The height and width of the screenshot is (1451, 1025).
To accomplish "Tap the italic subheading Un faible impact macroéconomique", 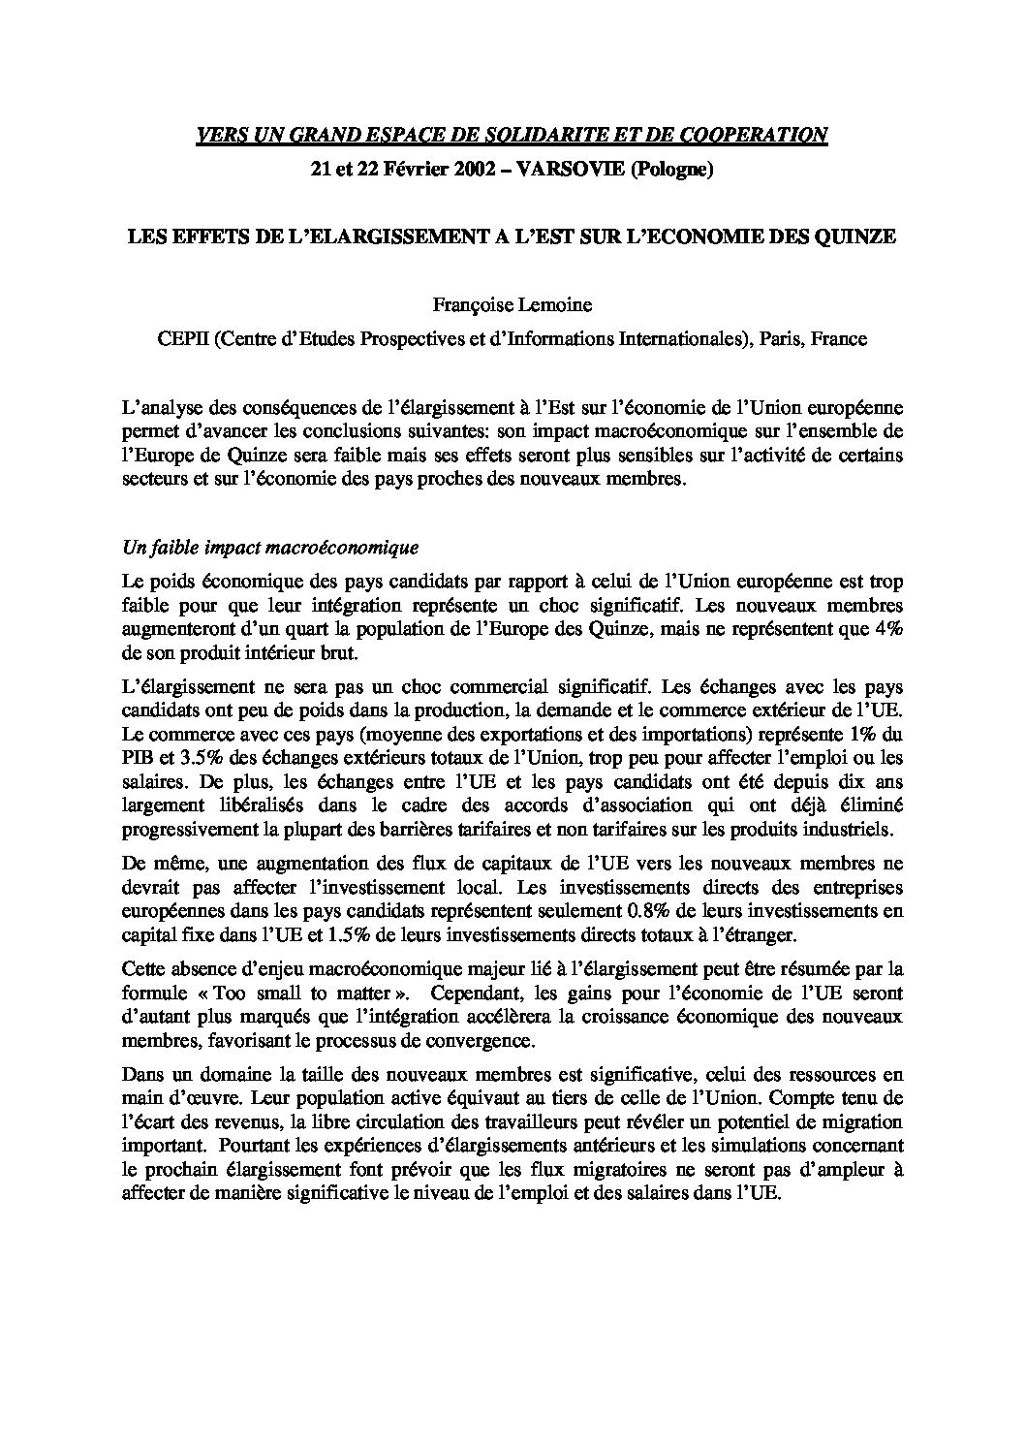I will pos(270,548).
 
